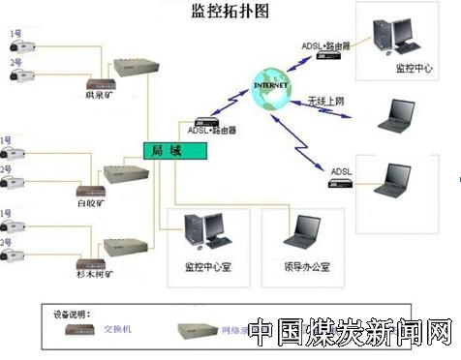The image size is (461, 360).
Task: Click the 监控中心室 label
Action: (206, 266)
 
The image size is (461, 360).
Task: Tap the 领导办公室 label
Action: (307, 266)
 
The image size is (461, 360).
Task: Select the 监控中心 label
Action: (414, 69)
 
